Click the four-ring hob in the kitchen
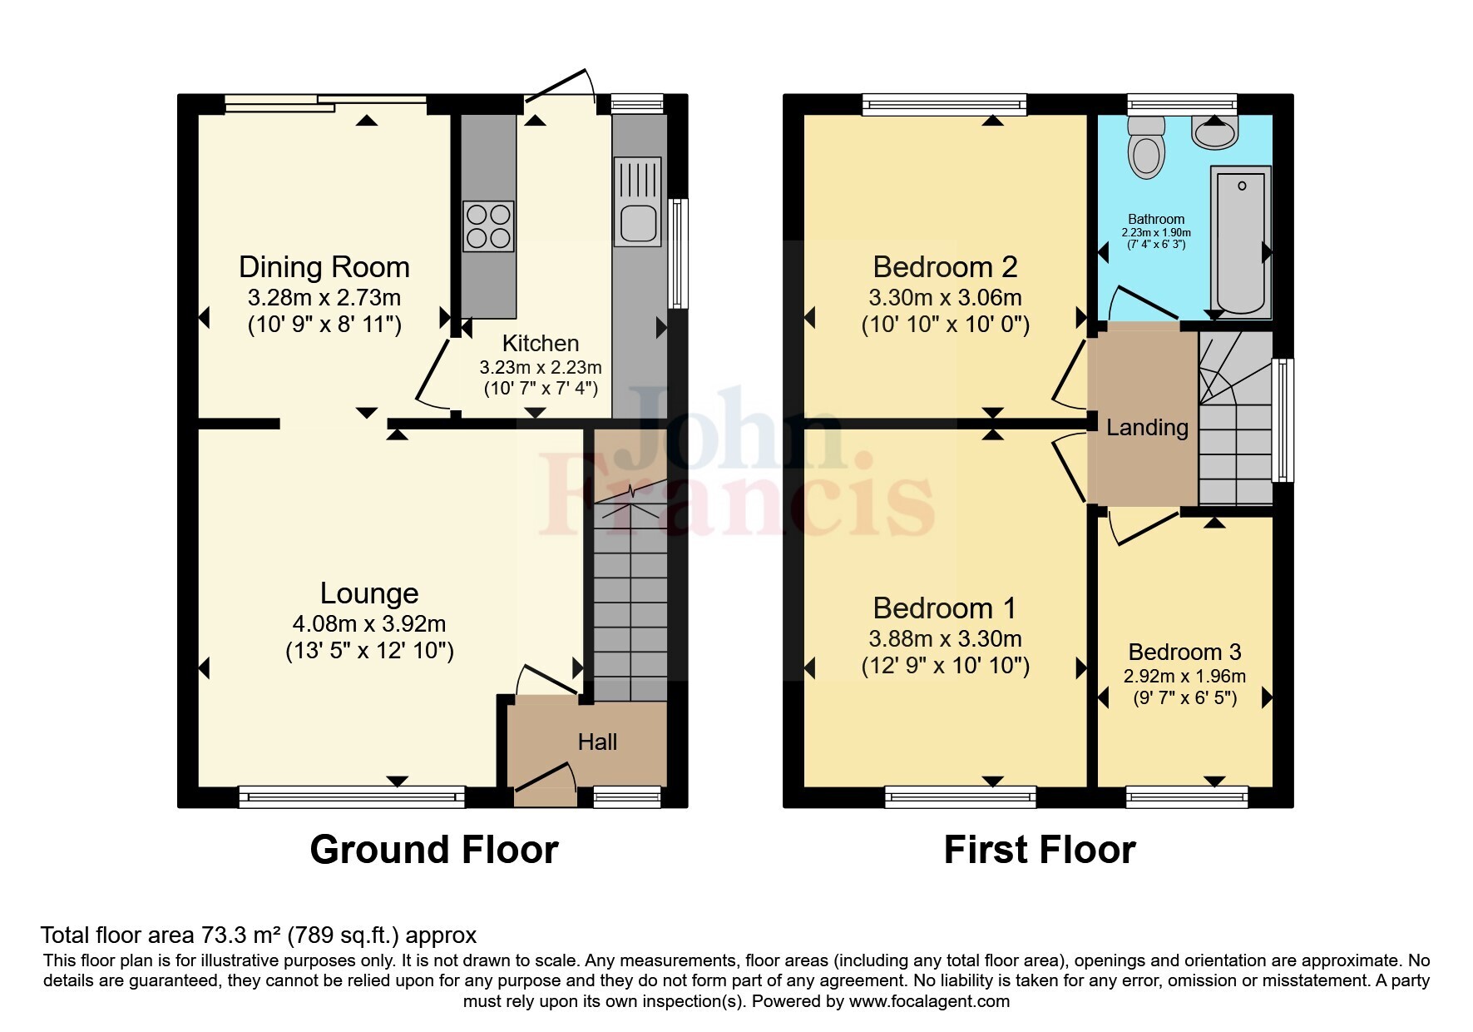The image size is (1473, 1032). (488, 226)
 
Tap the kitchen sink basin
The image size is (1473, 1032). (638, 222)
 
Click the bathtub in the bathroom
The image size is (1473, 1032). (1241, 241)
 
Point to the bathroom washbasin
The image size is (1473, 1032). (1215, 131)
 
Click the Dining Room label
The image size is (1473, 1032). (324, 267)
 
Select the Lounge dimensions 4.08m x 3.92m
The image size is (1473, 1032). (369, 623)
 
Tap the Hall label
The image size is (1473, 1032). (597, 742)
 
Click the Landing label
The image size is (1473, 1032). (1147, 428)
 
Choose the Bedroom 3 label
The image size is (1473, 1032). (1184, 652)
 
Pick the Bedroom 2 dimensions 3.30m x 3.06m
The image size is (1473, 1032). (945, 297)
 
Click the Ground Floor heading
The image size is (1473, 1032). (433, 850)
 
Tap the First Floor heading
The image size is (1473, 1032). (1039, 850)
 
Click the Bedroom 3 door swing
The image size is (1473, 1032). (1144, 528)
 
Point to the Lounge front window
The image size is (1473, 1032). (351, 797)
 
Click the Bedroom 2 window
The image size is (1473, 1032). (944, 104)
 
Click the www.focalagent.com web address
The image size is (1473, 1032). (929, 1001)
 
